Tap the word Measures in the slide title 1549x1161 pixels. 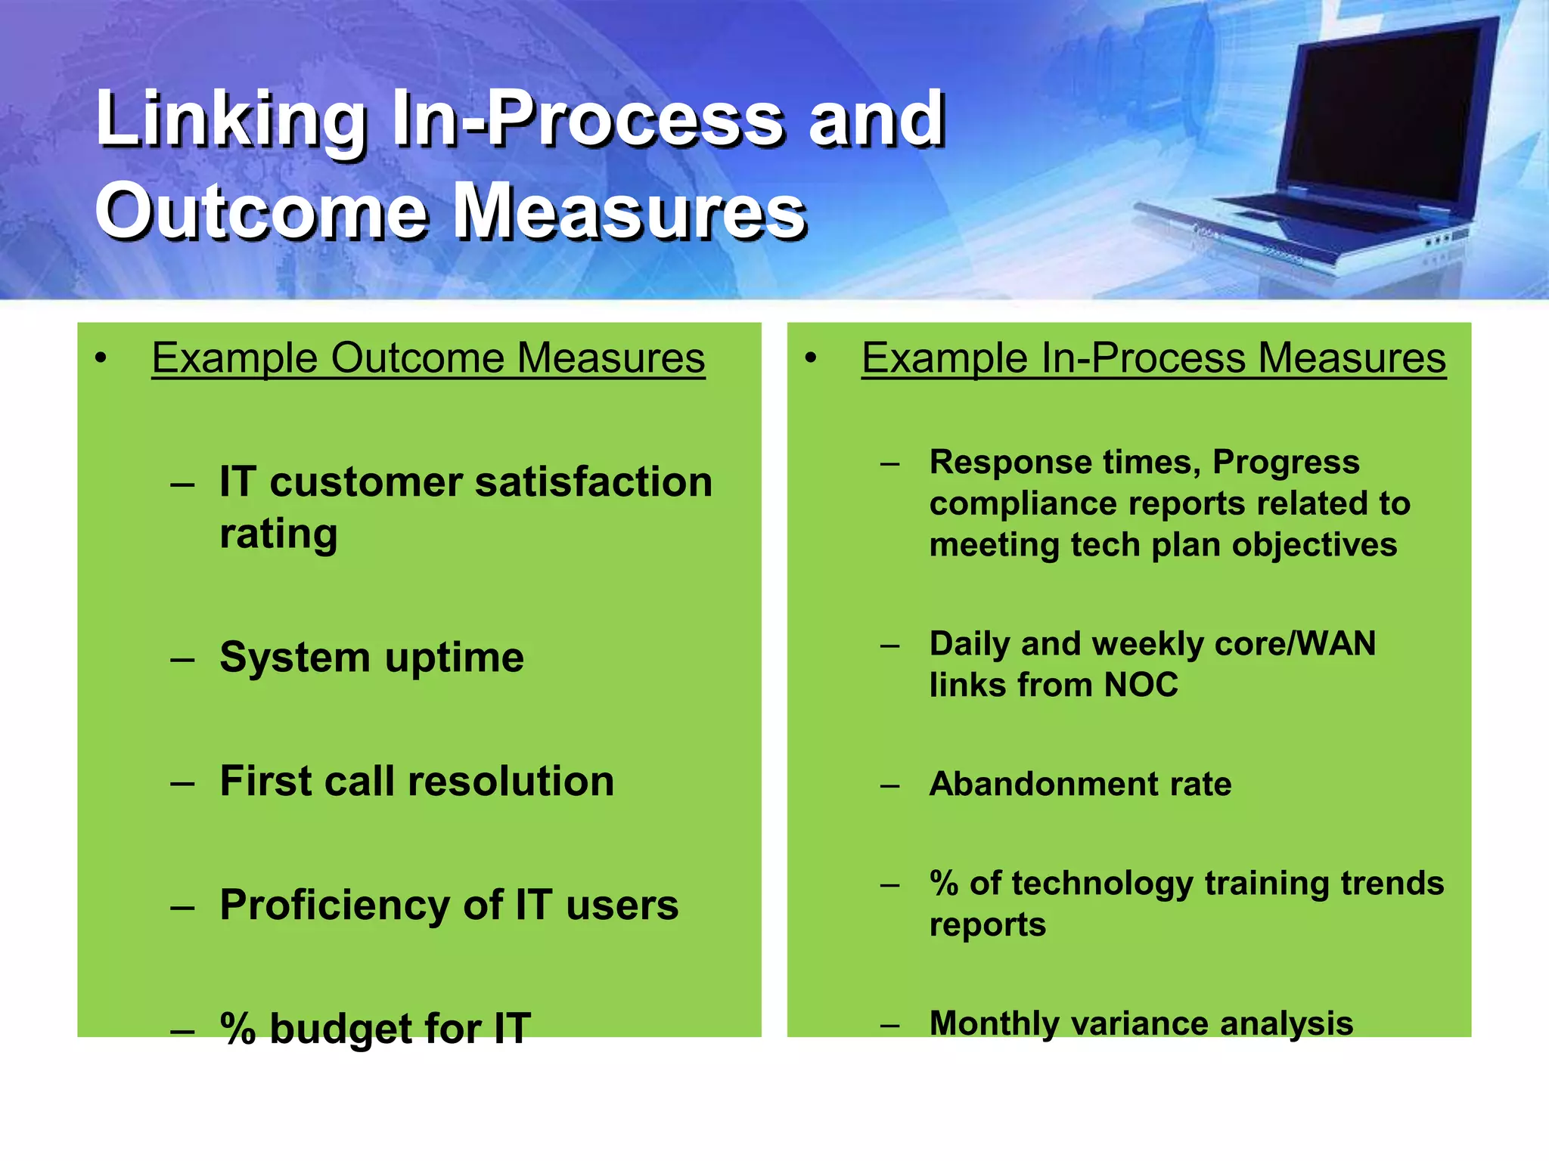pos(632,213)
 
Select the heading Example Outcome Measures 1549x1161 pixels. pos(428,358)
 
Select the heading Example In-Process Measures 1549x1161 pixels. pos(1153,358)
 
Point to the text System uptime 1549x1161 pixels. pos(371,658)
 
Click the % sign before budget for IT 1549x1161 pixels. pos(237,1029)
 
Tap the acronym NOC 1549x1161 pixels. pos(1141,686)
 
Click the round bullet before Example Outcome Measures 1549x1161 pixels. pos(101,359)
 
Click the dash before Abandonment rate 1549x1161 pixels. pos(890,786)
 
